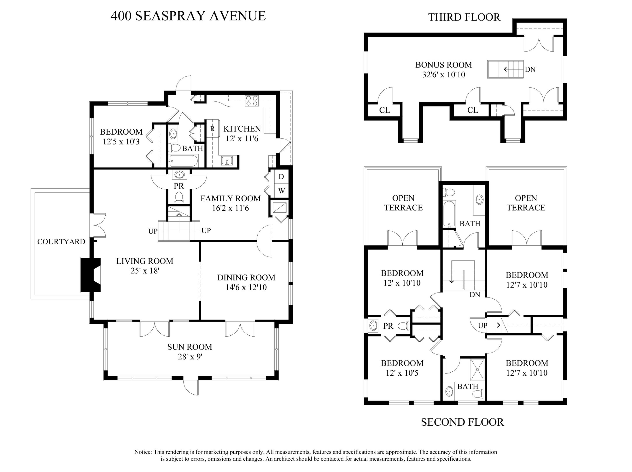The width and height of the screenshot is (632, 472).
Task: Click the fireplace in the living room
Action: [90, 275]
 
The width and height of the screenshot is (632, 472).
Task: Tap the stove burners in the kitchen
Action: [252, 101]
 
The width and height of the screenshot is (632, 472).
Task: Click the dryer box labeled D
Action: [281, 177]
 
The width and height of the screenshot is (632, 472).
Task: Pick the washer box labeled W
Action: [281, 191]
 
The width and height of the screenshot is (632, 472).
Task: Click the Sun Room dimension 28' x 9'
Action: [190, 357]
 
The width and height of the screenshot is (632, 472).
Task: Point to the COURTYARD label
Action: [61, 242]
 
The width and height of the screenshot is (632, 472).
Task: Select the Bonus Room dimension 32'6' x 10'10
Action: [444, 75]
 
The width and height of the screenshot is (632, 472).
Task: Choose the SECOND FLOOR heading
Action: [462, 422]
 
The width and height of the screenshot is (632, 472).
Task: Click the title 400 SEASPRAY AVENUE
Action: [188, 16]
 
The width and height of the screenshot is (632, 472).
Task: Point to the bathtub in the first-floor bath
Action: [183, 161]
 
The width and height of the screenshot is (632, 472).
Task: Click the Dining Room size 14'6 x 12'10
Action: [246, 287]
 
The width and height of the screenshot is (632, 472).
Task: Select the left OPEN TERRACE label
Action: [403, 203]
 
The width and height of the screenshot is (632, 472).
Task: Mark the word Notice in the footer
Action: [143, 452]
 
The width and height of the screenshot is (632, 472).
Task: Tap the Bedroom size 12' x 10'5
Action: [402, 373]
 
